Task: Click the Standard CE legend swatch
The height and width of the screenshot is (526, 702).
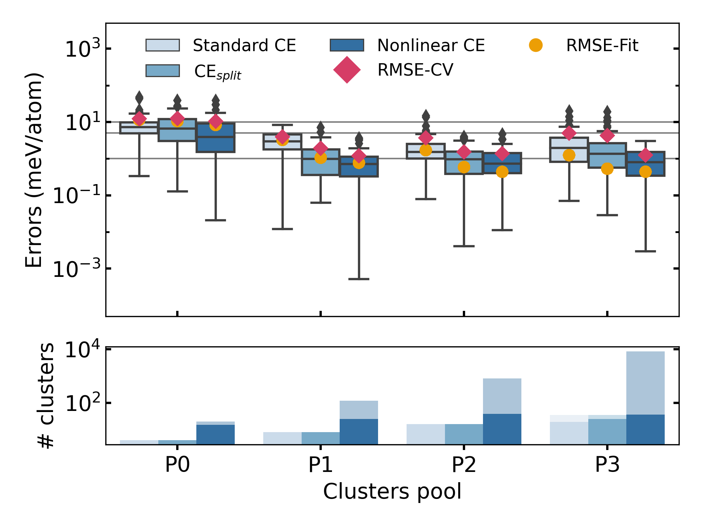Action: (x=162, y=45)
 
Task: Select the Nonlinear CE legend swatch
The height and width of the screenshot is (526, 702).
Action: (x=347, y=45)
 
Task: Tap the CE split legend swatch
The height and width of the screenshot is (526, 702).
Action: (x=162, y=71)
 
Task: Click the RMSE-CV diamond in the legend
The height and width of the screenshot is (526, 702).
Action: (x=347, y=70)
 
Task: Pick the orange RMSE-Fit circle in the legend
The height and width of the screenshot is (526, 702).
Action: (x=536, y=45)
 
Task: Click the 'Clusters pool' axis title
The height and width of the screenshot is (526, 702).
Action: (x=392, y=492)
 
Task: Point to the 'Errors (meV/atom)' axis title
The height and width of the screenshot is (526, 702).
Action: (x=34, y=170)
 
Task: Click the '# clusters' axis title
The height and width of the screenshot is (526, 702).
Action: (x=46, y=395)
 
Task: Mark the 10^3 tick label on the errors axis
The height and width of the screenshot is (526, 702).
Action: (x=82, y=49)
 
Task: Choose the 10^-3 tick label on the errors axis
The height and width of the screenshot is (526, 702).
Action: (x=77, y=269)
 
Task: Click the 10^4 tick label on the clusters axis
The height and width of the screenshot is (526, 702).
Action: (x=82, y=350)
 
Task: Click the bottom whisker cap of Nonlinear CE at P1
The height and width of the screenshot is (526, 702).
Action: (x=359, y=279)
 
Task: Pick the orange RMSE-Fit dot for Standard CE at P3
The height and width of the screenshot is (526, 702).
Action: (x=569, y=155)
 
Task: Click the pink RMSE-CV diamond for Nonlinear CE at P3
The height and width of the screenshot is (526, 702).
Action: (x=645, y=155)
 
